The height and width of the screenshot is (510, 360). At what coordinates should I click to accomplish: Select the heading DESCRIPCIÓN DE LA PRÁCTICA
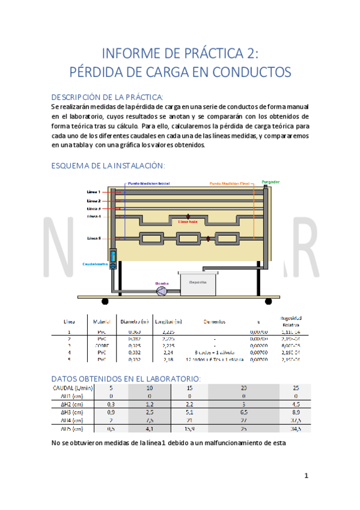pos(107,97)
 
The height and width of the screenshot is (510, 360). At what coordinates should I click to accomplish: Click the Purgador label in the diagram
pos(270,181)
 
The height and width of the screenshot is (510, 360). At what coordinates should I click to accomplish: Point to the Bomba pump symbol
pos(162,291)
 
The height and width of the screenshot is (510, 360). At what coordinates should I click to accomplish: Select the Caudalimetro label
pos(95,264)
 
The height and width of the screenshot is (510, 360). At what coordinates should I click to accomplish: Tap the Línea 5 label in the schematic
pos(94,238)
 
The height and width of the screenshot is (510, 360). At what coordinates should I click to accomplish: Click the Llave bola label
pos(189,221)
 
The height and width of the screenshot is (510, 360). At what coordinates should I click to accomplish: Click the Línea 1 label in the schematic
pos(94,192)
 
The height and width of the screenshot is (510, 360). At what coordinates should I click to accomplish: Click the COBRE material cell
pos(98,346)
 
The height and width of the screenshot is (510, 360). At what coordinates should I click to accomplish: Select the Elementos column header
pos(214,321)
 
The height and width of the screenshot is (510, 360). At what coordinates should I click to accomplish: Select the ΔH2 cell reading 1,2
pos(150,405)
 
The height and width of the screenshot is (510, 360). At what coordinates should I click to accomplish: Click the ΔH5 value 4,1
pos(150,429)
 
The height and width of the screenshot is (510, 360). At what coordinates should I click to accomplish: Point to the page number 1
pos(306,476)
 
